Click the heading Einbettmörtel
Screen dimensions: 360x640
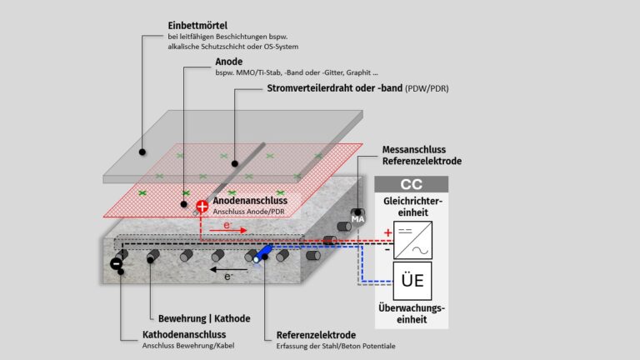(199, 27)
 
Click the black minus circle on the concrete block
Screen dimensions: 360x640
(116, 264)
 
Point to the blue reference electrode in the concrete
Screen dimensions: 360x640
(263, 252)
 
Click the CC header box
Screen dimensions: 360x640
(411, 185)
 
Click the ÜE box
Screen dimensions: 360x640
(412, 281)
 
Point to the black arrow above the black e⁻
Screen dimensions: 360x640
(220, 270)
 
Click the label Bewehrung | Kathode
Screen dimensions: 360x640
(204, 318)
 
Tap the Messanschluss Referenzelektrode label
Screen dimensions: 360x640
(422, 155)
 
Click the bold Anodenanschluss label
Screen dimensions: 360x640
(250, 200)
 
